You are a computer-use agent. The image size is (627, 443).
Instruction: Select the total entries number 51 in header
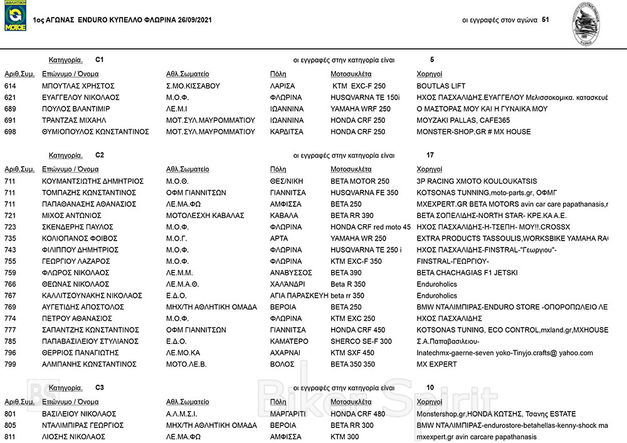(x=545, y=20)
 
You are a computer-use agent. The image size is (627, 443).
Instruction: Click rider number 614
(x=10, y=86)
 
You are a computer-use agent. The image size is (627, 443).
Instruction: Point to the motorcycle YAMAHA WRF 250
(x=360, y=109)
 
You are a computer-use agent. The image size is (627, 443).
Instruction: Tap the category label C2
(x=100, y=155)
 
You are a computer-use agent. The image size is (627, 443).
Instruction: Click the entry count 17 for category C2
(x=429, y=155)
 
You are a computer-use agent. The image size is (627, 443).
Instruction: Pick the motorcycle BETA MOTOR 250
(x=359, y=181)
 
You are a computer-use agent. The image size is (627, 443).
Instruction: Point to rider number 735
(x=10, y=238)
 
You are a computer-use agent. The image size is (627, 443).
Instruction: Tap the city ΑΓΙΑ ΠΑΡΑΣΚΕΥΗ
(x=298, y=295)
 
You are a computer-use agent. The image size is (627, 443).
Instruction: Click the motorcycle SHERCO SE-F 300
(x=361, y=341)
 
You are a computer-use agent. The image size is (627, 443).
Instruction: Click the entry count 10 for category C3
(x=429, y=388)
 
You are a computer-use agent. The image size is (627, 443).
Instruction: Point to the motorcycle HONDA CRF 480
(x=357, y=414)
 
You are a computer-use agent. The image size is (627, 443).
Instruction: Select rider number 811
(x=10, y=437)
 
